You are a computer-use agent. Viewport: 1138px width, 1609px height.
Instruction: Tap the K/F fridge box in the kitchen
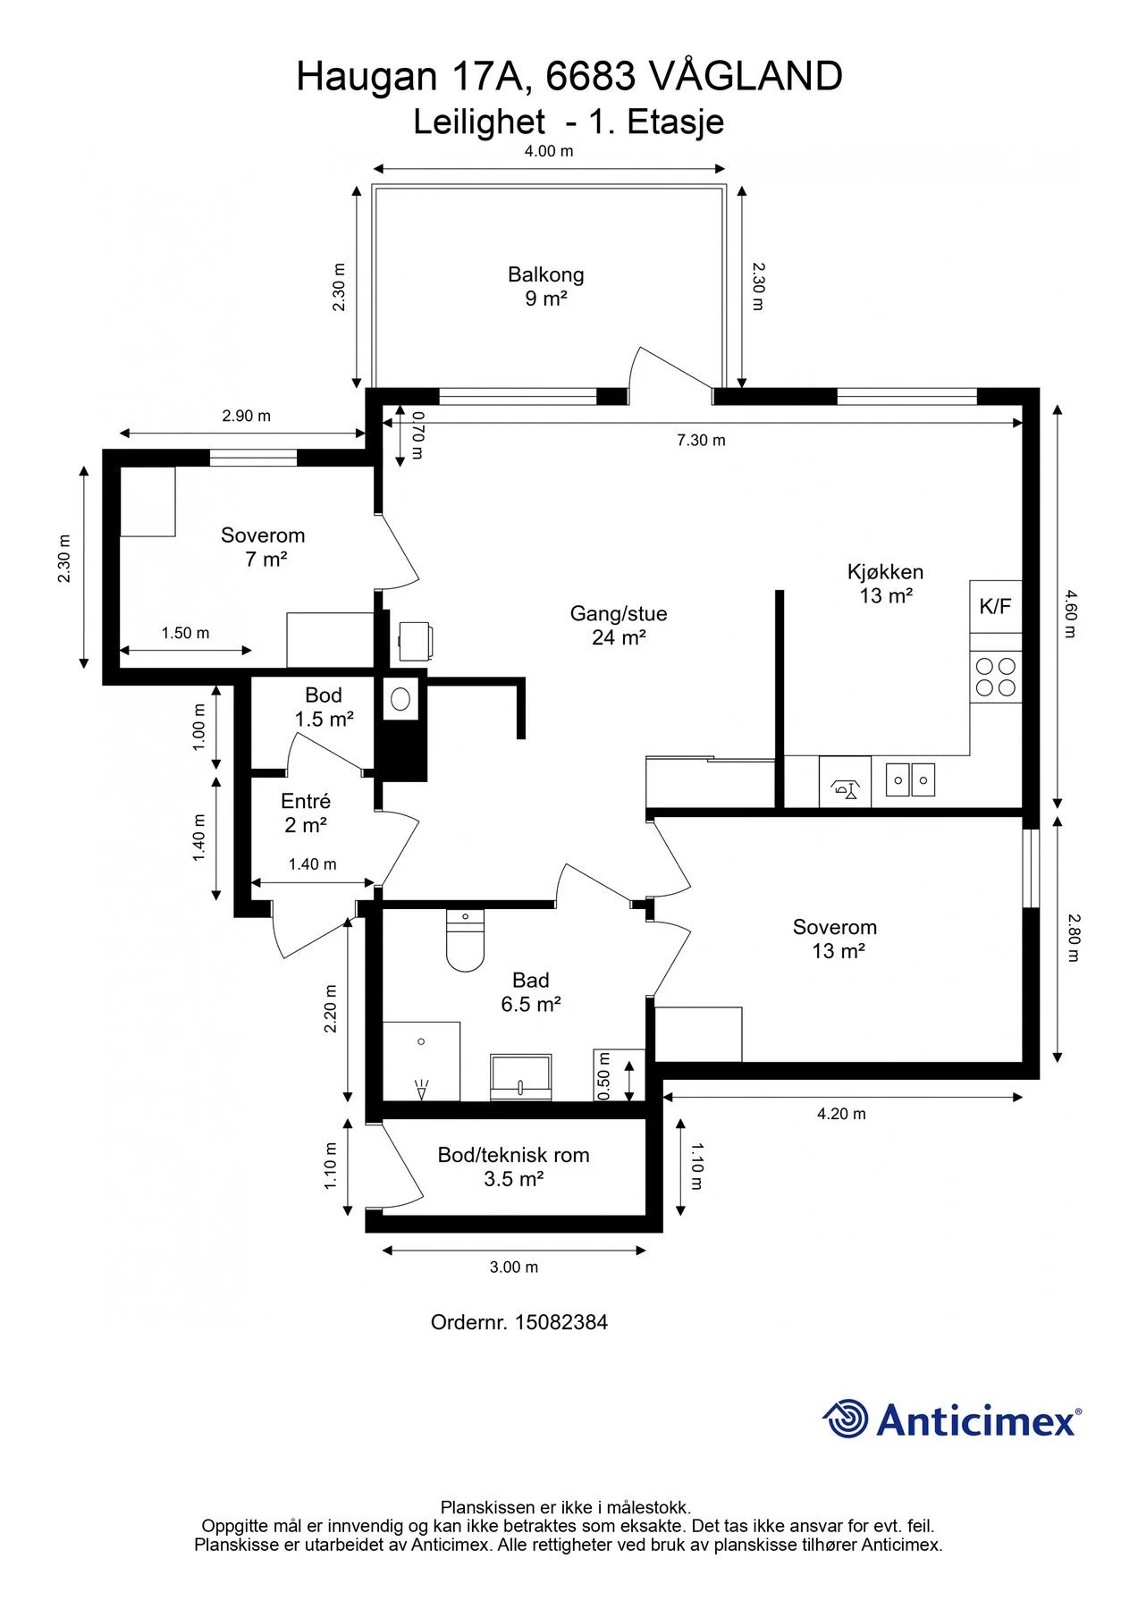(995, 607)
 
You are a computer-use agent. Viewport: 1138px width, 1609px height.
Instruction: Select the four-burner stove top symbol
(996, 677)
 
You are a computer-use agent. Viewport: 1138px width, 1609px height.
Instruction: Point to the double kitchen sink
(910, 779)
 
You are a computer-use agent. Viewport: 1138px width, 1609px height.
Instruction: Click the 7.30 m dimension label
(701, 440)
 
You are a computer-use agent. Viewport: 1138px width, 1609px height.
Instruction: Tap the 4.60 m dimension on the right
(1070, 613)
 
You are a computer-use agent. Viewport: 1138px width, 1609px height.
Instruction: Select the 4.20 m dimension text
(841, 1114)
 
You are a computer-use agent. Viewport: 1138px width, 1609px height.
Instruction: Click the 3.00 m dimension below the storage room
(514, 1267)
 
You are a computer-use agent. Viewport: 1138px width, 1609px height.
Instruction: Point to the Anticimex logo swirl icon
(845, 1419)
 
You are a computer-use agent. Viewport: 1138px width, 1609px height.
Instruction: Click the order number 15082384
(561, 1322)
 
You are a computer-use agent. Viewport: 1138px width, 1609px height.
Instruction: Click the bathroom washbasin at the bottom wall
(520, 1077)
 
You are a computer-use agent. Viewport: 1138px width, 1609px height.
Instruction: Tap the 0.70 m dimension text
(417, 434)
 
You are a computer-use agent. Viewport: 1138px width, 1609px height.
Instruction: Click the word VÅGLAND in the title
(745, 77)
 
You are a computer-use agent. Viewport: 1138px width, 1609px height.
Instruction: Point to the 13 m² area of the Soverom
(838, 951)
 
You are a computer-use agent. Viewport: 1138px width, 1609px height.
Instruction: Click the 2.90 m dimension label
(247, 416)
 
